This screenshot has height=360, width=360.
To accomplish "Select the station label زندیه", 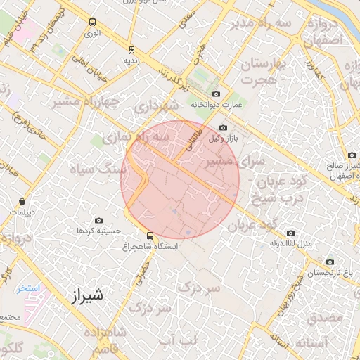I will (x=133, y=60).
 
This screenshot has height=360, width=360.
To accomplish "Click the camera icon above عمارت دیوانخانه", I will (x=216, y=94).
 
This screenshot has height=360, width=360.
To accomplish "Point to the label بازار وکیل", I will (x=224, y=139).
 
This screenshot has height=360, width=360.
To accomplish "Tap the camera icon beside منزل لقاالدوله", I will (x=290, y=233).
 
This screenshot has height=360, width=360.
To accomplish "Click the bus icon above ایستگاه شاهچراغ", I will (x=150, y=236).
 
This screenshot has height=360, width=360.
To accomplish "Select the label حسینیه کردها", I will (x=99, y=231).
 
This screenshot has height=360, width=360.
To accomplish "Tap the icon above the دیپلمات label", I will (x=24, y=201).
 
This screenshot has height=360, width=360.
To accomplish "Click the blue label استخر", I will (x=29, y=288).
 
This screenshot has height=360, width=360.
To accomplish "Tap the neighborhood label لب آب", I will (x=178, y=340).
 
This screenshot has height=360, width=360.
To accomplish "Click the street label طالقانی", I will (x=194, y=141).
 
